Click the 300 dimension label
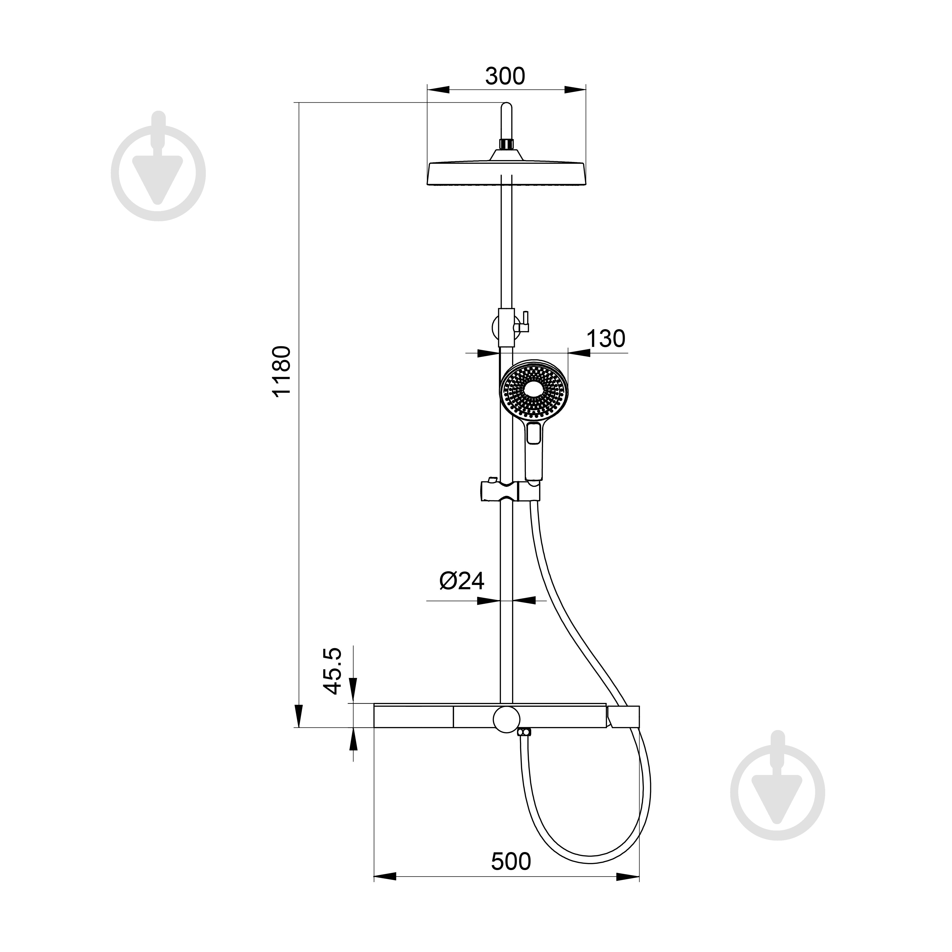coord(505,76)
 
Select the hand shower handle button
coord(534,434)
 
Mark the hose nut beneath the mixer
coord(525,733)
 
